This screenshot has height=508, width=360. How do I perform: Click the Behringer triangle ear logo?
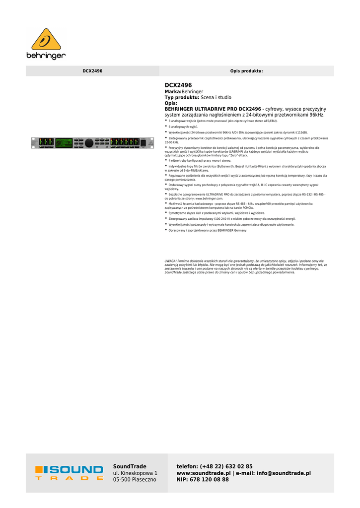(46, 39)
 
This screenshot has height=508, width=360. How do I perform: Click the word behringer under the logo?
(46, 56)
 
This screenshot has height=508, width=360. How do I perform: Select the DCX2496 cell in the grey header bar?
(92, 71)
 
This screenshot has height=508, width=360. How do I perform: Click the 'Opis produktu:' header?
(246, 71)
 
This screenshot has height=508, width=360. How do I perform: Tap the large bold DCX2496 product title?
(178, 85)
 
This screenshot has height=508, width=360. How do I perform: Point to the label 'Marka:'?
(173, 92)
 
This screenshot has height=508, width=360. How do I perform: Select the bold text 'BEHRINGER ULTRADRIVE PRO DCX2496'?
(213, 109)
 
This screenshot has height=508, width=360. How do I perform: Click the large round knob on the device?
(88, 143)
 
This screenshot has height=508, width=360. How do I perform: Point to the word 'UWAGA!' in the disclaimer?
(170, 261)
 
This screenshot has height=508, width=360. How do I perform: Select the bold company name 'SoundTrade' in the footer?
(130, 466)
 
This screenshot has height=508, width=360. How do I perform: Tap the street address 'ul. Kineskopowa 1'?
(135, 473)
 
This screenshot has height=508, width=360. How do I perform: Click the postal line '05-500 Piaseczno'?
(135, 480)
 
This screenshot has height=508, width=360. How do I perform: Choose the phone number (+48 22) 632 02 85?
(226, 466)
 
